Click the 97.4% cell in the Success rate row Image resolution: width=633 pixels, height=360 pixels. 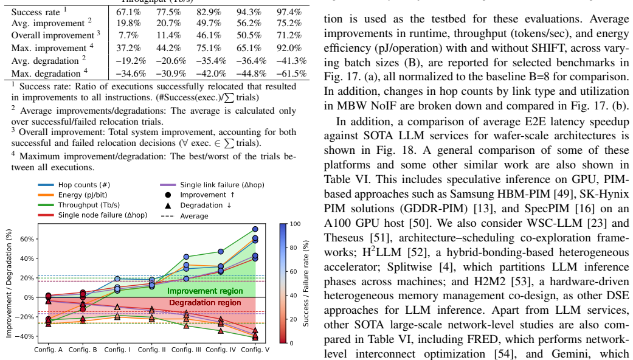point(289,12)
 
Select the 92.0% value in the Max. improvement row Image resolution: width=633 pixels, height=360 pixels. point(289,48)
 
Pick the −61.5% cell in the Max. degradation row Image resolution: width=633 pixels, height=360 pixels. point(291,74)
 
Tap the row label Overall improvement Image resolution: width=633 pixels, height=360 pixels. point(53,35)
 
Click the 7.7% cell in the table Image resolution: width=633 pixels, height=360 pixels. point(129,35)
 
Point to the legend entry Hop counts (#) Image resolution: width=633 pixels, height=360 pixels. point(84,185)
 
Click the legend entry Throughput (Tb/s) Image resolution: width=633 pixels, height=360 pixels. point(89,205)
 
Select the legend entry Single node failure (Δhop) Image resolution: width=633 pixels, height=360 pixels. point(103,215)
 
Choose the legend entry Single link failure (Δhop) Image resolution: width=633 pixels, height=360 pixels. point(222,185)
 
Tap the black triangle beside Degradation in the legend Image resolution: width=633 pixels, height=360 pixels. point(168,206)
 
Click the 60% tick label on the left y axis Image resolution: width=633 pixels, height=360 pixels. point(27,239)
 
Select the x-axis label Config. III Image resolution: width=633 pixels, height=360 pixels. point(186,350)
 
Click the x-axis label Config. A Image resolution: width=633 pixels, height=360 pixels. point(49,350)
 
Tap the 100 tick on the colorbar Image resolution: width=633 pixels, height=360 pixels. point(296,224)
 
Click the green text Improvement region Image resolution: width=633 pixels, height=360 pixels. point(205,291)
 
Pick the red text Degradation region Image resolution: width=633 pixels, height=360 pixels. point(205,303)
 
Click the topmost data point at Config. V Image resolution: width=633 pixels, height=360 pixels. point(255,229)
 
